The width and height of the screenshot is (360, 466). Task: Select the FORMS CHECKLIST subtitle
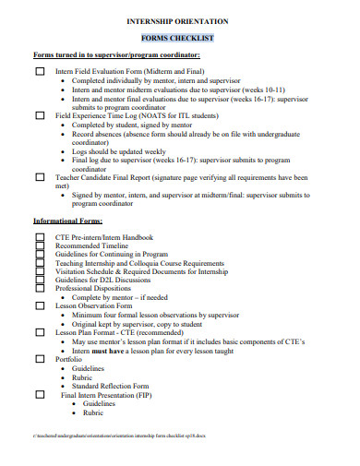coord(177,39)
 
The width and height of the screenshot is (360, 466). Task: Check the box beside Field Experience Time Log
coord(40,115)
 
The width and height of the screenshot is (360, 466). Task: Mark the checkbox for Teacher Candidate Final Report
coord(40,176)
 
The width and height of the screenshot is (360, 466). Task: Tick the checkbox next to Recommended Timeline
coord(40,246)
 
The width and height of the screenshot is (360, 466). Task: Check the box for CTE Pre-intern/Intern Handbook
coord(40,237)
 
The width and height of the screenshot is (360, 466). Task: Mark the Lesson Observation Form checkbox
coord(40,306)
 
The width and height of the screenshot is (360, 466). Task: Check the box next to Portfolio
coord(40,359)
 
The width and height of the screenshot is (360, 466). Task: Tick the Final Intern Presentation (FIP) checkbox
coord(40,394)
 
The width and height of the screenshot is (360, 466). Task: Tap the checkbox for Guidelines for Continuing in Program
coord(40,255)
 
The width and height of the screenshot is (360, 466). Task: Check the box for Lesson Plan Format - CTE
coord(40,332)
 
